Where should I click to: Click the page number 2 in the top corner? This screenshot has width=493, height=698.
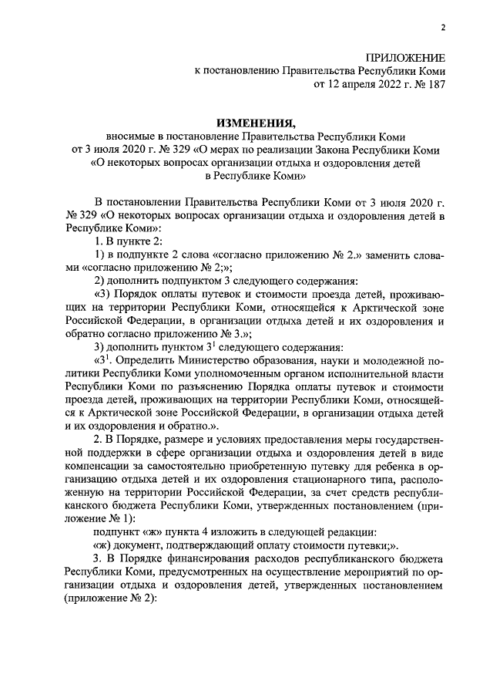443,29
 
